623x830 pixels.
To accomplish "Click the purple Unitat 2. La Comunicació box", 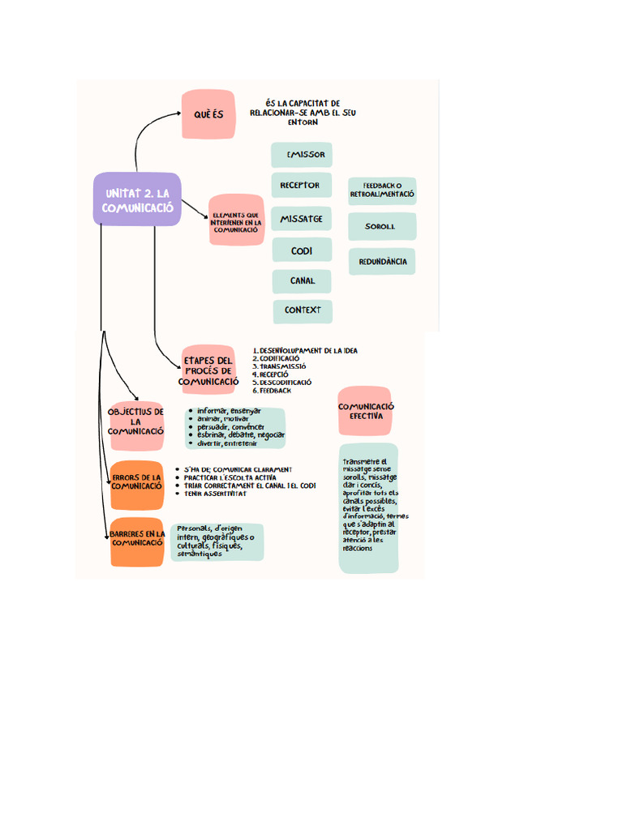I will tap(137, 199).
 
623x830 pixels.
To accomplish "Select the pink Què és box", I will tap(208, 114).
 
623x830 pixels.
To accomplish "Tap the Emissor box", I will tap(302, 154).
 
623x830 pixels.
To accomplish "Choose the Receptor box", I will tap(302, 186).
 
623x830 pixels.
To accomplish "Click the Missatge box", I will tap(302, 219).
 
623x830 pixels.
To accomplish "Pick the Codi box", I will tap(302, 250).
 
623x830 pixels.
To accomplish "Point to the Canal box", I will tap(302, 281).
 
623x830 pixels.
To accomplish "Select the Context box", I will tap(302, 310).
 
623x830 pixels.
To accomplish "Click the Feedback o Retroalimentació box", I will tap(382, 190).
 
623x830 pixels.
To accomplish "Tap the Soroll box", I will tap(382, 227).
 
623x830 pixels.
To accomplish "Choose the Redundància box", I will tap(382, 262).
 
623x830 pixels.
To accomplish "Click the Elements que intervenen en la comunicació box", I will tap(236, 220).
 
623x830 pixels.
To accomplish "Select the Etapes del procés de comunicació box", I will tap(208, 370).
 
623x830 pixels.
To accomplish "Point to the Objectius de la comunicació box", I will tap(136, 421).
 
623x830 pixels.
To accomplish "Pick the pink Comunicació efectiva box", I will tap(365, 411).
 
